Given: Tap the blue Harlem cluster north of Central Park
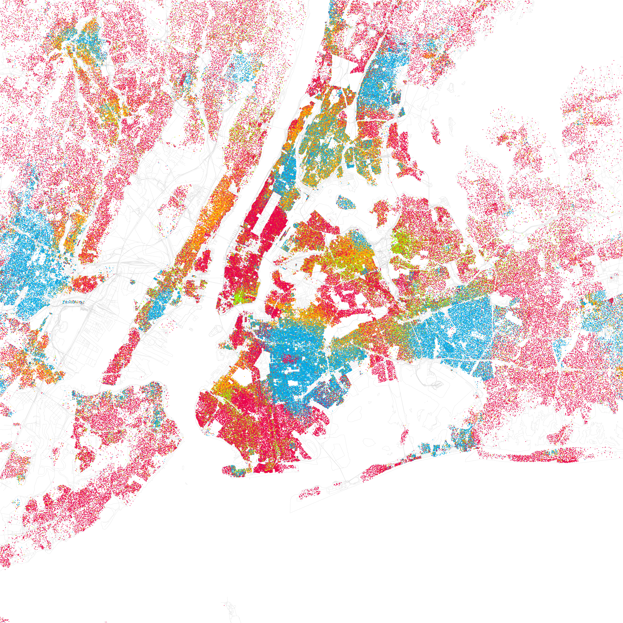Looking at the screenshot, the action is tap(284, 174).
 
